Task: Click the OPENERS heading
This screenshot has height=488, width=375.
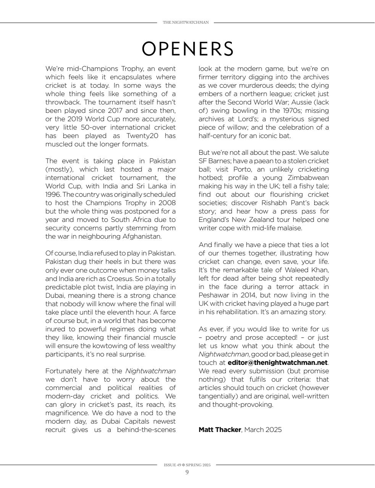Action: point(187,49)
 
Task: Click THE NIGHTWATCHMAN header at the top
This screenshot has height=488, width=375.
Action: point(186,22)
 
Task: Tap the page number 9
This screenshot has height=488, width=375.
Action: point(187,472)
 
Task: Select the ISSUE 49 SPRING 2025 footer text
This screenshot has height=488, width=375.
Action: point(187,465)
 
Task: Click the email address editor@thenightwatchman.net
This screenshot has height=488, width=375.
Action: point(278,363)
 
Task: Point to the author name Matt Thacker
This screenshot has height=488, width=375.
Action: point(220,430)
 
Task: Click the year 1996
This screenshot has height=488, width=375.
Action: point(53,194)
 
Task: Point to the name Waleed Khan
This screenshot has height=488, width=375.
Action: point(310,270)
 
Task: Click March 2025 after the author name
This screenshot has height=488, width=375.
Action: point(263,430)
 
